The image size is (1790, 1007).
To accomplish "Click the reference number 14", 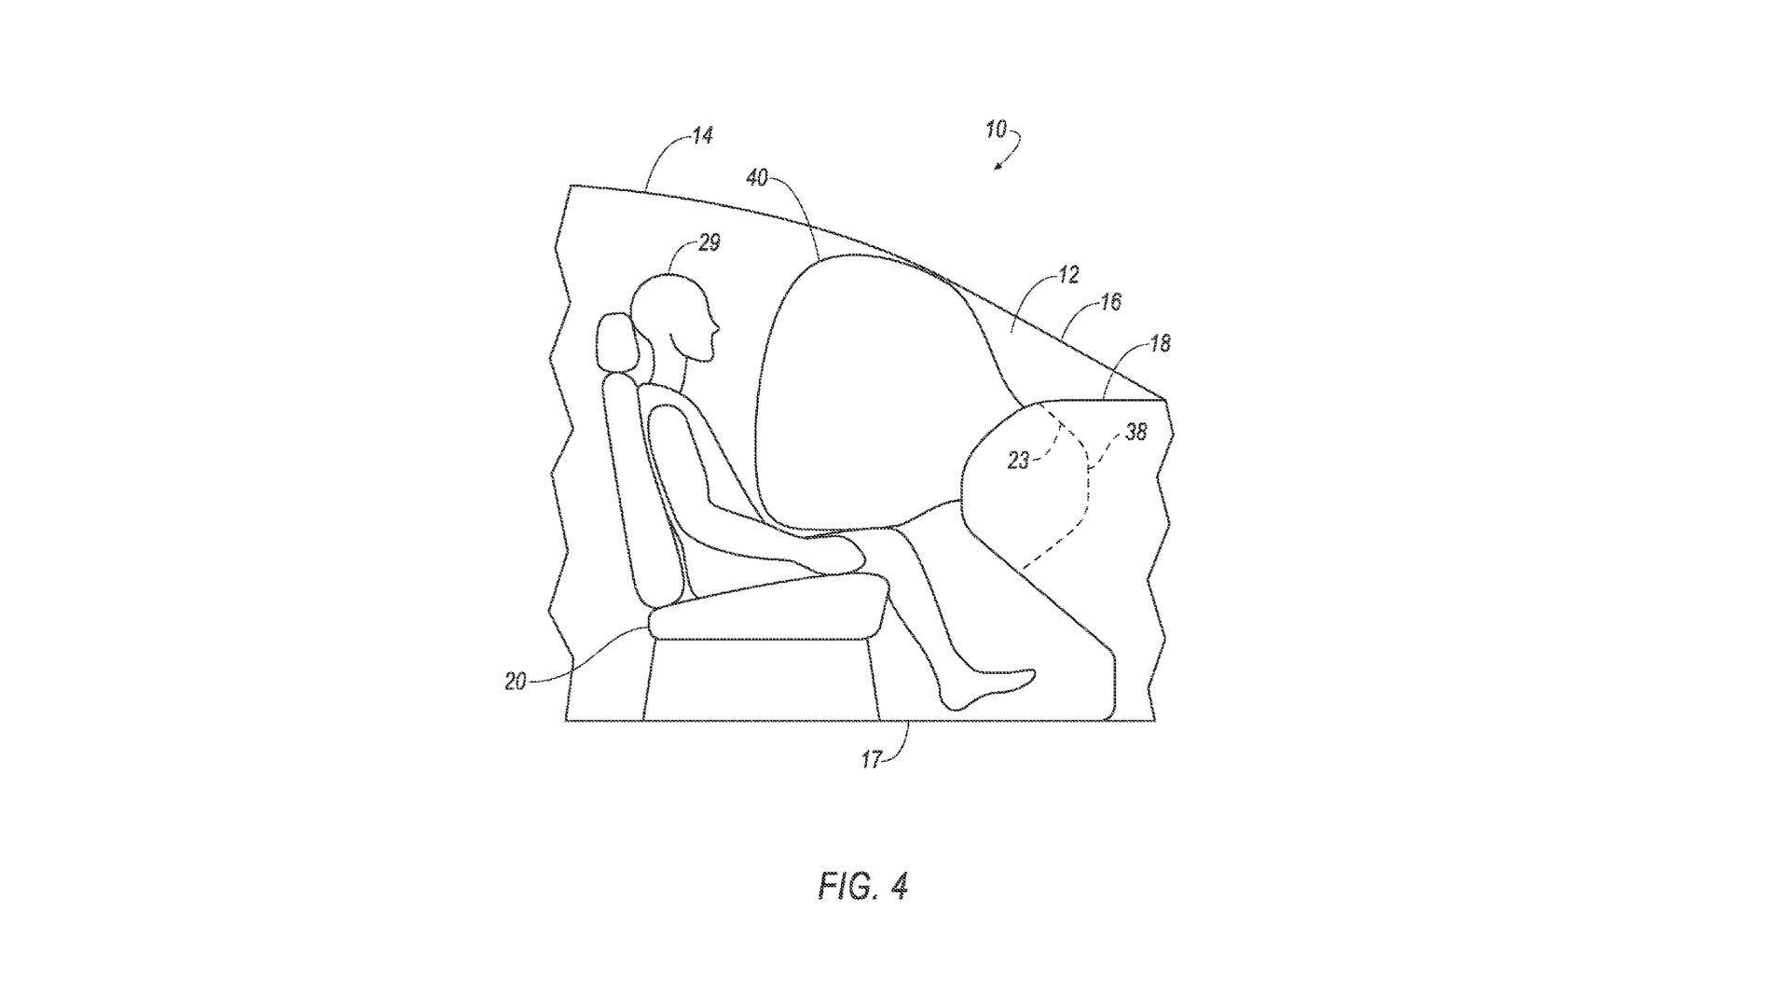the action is coord(703,136).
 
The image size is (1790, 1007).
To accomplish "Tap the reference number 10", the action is coord(996,130).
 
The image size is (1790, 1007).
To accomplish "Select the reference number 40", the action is coord(757,177).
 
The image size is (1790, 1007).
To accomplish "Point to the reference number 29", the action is coord(709,242).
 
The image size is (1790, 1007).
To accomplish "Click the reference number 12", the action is coord(1068,275).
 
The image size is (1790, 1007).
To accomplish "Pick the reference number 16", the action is coord(1110,301).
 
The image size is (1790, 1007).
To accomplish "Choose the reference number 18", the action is coord(1160,343).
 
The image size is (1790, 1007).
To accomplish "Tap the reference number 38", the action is coord(1136,432).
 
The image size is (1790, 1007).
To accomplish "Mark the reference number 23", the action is coord(1019,461).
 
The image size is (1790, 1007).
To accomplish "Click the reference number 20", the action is coord(516,682).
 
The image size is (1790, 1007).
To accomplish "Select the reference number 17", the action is coord(871,760).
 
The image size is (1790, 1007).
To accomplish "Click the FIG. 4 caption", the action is coord(863,886).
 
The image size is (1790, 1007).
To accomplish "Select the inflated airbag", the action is coord(881,392).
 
